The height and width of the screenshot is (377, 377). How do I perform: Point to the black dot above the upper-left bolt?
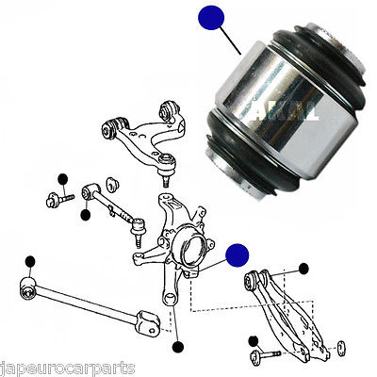[x=61, y=179]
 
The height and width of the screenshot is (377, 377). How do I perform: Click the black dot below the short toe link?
[x=86, y=214]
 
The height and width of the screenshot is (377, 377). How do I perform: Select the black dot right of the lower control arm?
[x=303, y=270]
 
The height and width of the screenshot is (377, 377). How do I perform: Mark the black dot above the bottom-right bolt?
[x=252, y=339]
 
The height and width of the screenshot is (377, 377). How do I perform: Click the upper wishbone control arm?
[x=141, y=141]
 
